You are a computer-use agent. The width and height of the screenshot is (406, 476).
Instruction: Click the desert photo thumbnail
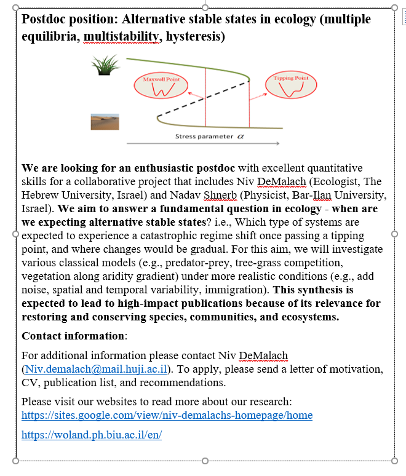105,121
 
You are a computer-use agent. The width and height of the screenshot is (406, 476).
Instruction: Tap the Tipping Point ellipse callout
287,86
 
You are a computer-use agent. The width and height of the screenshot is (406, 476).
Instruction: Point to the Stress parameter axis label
205,136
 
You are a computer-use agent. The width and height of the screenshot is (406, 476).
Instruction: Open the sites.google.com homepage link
167,415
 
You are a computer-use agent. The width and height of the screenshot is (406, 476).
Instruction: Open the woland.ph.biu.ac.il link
92,435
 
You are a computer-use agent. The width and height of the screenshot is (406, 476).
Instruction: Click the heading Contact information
73,336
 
